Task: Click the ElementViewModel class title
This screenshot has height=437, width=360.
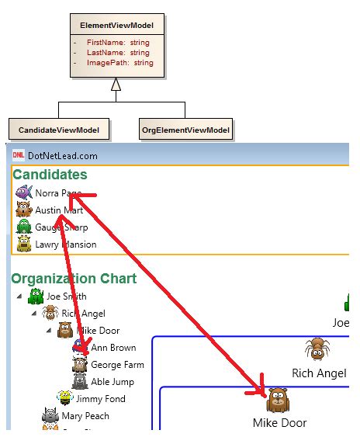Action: [x=116, y=25]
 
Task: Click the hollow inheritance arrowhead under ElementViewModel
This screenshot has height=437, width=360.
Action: [x=116, y=85]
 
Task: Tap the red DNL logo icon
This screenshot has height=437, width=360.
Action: [x=19, y=155]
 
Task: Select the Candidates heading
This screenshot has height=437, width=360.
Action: [x=50, y=175]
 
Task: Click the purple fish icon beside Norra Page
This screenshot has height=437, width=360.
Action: [x=23, y=192]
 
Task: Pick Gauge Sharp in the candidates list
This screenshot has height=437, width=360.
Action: [x=61, y=227]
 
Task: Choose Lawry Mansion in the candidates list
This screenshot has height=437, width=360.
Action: [x=65, y=245]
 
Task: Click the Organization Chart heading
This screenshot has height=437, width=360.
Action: [x=74, y=278]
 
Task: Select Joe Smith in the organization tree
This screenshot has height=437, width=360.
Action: [x=66, y=296]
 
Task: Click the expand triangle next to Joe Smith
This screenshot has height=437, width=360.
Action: [x=18, y=296]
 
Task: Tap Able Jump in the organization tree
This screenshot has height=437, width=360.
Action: [x=112, y=381]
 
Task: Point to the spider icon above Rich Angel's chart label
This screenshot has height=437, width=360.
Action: [x=318, y=349]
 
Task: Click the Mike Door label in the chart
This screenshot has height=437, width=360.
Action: [x=279, y=423]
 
